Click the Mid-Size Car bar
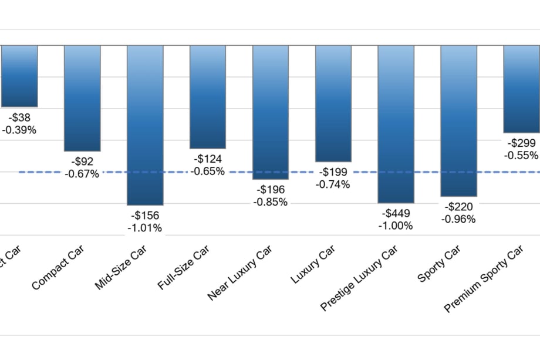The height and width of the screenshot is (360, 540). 145,125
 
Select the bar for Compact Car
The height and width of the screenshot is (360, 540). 82,98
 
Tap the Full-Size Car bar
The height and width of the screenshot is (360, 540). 208,96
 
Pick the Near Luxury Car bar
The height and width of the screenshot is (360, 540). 271,112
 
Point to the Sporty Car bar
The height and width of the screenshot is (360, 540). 458,120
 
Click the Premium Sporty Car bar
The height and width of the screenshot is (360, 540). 521,89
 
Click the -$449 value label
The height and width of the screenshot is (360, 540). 396,214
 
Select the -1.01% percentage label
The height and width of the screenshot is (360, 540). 145,228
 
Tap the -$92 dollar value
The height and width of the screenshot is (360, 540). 82,162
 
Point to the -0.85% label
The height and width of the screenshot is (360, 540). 271,202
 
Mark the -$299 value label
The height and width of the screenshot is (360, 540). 521,143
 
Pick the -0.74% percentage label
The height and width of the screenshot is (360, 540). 333,184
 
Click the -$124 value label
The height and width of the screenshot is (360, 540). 208,159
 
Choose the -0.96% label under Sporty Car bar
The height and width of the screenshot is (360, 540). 458,219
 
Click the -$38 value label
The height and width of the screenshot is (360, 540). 19,117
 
